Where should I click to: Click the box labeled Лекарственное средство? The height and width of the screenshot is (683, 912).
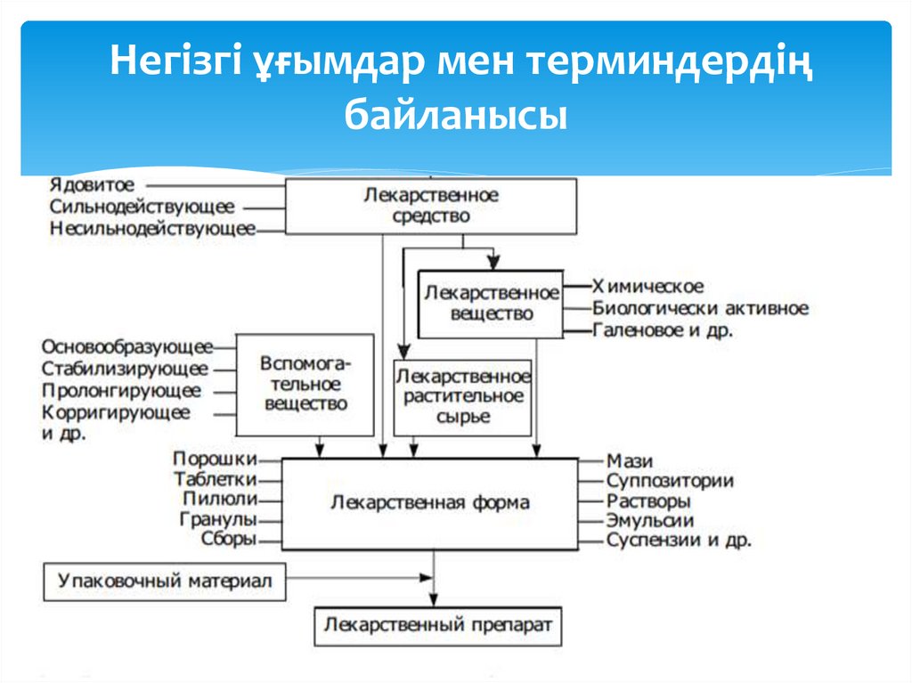click(430, 206)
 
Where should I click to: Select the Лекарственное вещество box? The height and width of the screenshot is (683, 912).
click(491, 304)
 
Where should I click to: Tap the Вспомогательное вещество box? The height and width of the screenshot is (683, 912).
click(305, 384)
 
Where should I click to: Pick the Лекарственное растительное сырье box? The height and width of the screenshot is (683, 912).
click(463, 396)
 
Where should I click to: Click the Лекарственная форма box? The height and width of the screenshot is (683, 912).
click(429, 503)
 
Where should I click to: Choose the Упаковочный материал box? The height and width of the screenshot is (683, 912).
click(165, 581)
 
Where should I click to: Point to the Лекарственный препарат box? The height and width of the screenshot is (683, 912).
click(438, 625)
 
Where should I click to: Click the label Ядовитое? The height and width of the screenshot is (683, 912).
click(93, 185)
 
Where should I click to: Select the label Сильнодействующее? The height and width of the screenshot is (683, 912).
click(142, 207)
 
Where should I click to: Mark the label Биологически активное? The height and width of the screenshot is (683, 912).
click(700, 309)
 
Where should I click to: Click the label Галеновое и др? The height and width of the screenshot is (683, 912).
click(663, 331)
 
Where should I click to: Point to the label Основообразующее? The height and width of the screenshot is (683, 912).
click(127, 346)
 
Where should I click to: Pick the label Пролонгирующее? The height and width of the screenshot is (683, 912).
click(121, 391)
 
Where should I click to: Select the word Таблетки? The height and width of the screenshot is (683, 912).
click(216, 479)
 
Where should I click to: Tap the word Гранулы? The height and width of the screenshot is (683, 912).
click(218, 518)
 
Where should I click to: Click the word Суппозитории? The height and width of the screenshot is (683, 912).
click(670, 481)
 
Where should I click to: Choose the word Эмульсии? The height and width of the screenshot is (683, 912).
click(649, 520)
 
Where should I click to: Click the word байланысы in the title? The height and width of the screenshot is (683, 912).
click(455, 116)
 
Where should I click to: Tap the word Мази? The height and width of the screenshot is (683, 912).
click(630, 461)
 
